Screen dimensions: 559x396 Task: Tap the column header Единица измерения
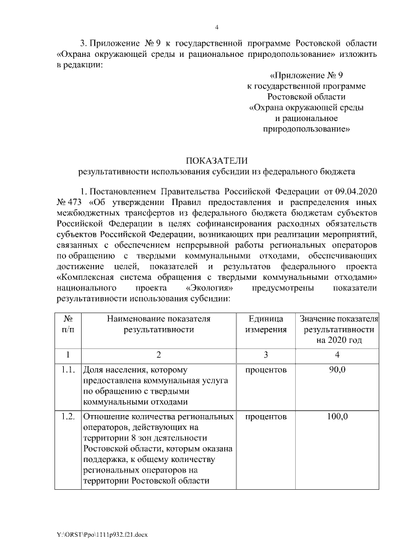coord(267,324)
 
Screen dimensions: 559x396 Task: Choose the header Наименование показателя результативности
coord(158,324)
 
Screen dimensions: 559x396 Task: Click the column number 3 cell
coord(267,354)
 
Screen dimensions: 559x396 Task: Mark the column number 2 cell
coord(158,354)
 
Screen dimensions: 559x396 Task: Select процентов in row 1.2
coord(267,417)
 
